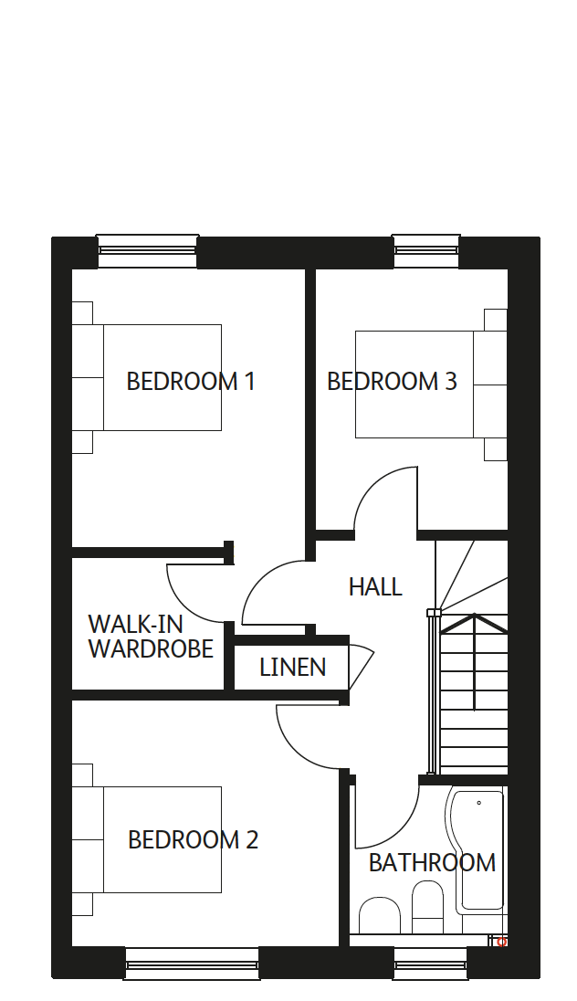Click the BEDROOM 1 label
191,381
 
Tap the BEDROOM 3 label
392,381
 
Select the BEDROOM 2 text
193,839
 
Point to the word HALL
375,586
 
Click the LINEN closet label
292,667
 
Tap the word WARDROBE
151,648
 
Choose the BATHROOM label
432,862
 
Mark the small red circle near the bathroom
502,942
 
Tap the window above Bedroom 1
147,250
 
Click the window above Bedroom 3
425,250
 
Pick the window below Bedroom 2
192,964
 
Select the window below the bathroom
430,964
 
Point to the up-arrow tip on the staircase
474,615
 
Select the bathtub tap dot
478,803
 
